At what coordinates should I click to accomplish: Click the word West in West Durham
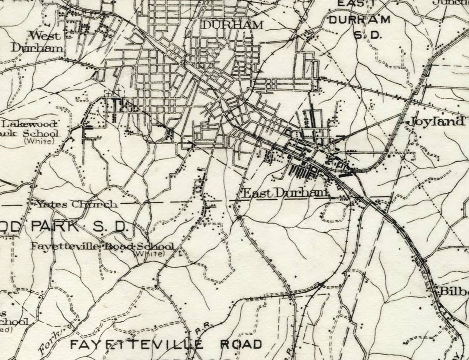coord(45,36)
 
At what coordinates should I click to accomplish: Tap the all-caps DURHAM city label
coord(232,25)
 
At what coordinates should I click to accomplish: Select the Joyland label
coord(435,121)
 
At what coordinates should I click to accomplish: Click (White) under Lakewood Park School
coord(39,141)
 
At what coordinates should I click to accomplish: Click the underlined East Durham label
coord(284,193)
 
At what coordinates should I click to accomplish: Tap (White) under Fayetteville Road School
coord(149,253)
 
